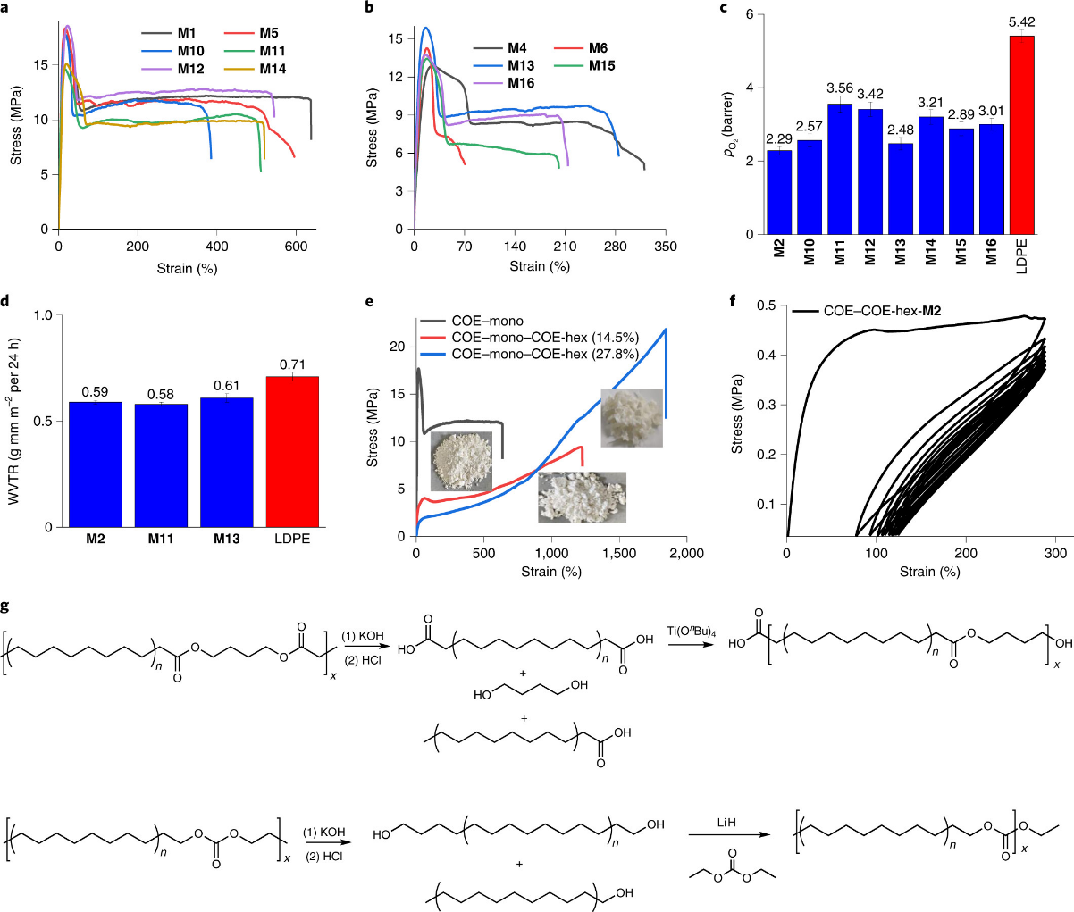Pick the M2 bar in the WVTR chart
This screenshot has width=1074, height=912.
click(x=96, y=464)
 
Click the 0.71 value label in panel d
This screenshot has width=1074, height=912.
click(x=293, y=364)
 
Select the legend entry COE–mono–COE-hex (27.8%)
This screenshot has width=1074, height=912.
click(x=545, y=355)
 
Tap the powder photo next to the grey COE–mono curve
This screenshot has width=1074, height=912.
click(x=461, y=461)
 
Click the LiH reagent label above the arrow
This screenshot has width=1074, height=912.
click(x=726, y=823)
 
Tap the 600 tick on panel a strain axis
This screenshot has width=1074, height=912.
click(x=296, y=247)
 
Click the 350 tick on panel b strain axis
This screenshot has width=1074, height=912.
click(x=665, y=247)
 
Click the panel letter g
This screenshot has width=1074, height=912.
click(x=7, y=606)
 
